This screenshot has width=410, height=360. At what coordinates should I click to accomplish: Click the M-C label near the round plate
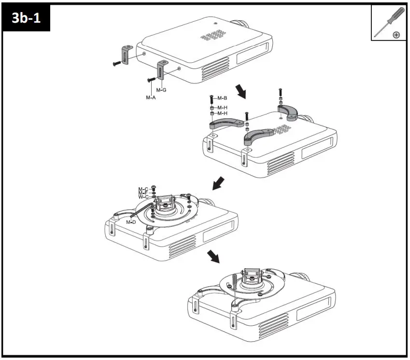pyautogui.click(x=143, y=189)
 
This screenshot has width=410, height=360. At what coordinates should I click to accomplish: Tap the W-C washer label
pyautogui.click(x=143, y=197)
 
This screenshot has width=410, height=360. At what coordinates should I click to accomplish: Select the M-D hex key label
pyautogui.click(x=131, y=222)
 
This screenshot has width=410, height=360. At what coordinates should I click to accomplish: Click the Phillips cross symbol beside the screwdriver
pyautogui.click(x=396, y=35)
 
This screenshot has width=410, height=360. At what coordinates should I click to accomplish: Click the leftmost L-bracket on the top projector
pyautogui.click(x=127, y=54)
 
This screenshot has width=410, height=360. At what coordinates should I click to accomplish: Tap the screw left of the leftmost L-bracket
pyautogui.click(x=116, y=62)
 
